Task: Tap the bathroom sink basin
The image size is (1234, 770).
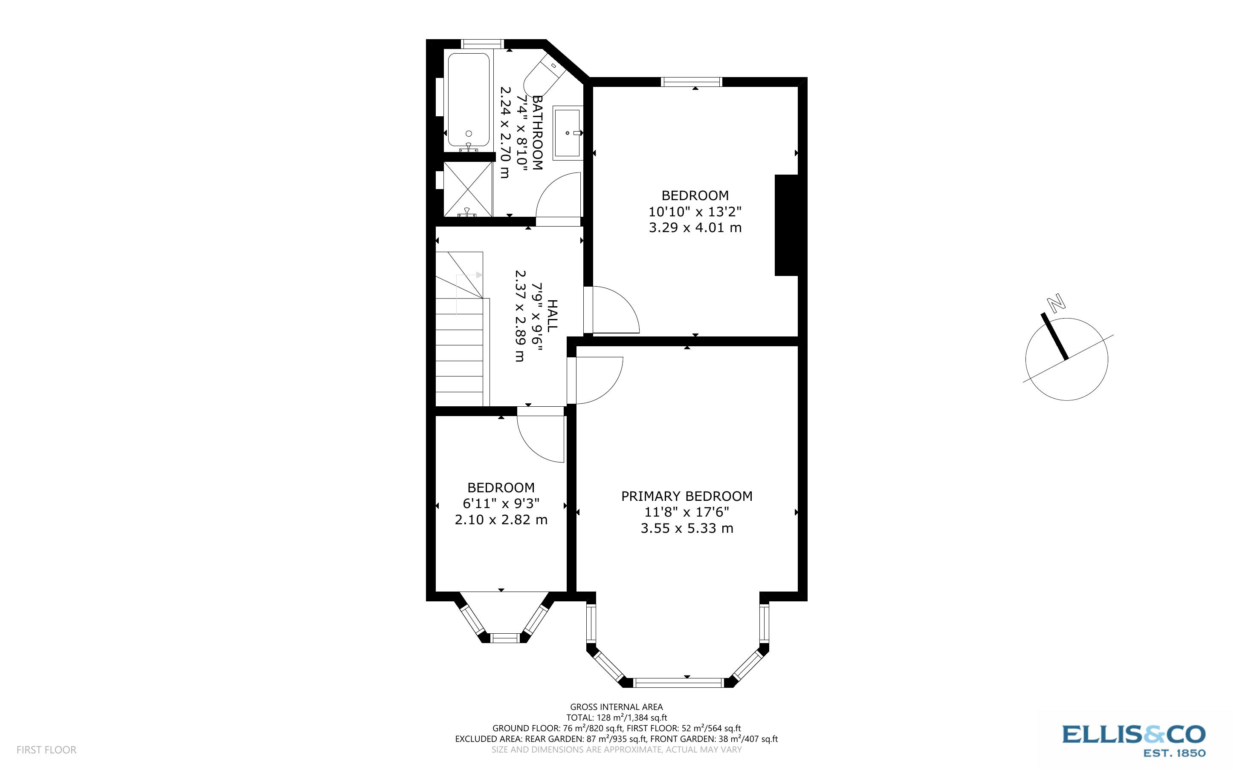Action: [567, 132]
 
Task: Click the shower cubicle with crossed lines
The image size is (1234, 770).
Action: [467, 190]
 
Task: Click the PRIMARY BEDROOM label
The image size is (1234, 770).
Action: [687, 496]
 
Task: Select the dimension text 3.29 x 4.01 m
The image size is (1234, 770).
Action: [695, 228]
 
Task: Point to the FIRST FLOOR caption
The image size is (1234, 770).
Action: [46, 750]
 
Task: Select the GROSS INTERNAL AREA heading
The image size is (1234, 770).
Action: [616, 707]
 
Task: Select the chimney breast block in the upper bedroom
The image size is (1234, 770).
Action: [786, 225]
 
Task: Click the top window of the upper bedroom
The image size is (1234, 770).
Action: [692, 81]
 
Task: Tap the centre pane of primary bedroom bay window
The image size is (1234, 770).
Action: [678, 682]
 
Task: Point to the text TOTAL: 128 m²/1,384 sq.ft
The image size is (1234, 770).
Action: [616, 718]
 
